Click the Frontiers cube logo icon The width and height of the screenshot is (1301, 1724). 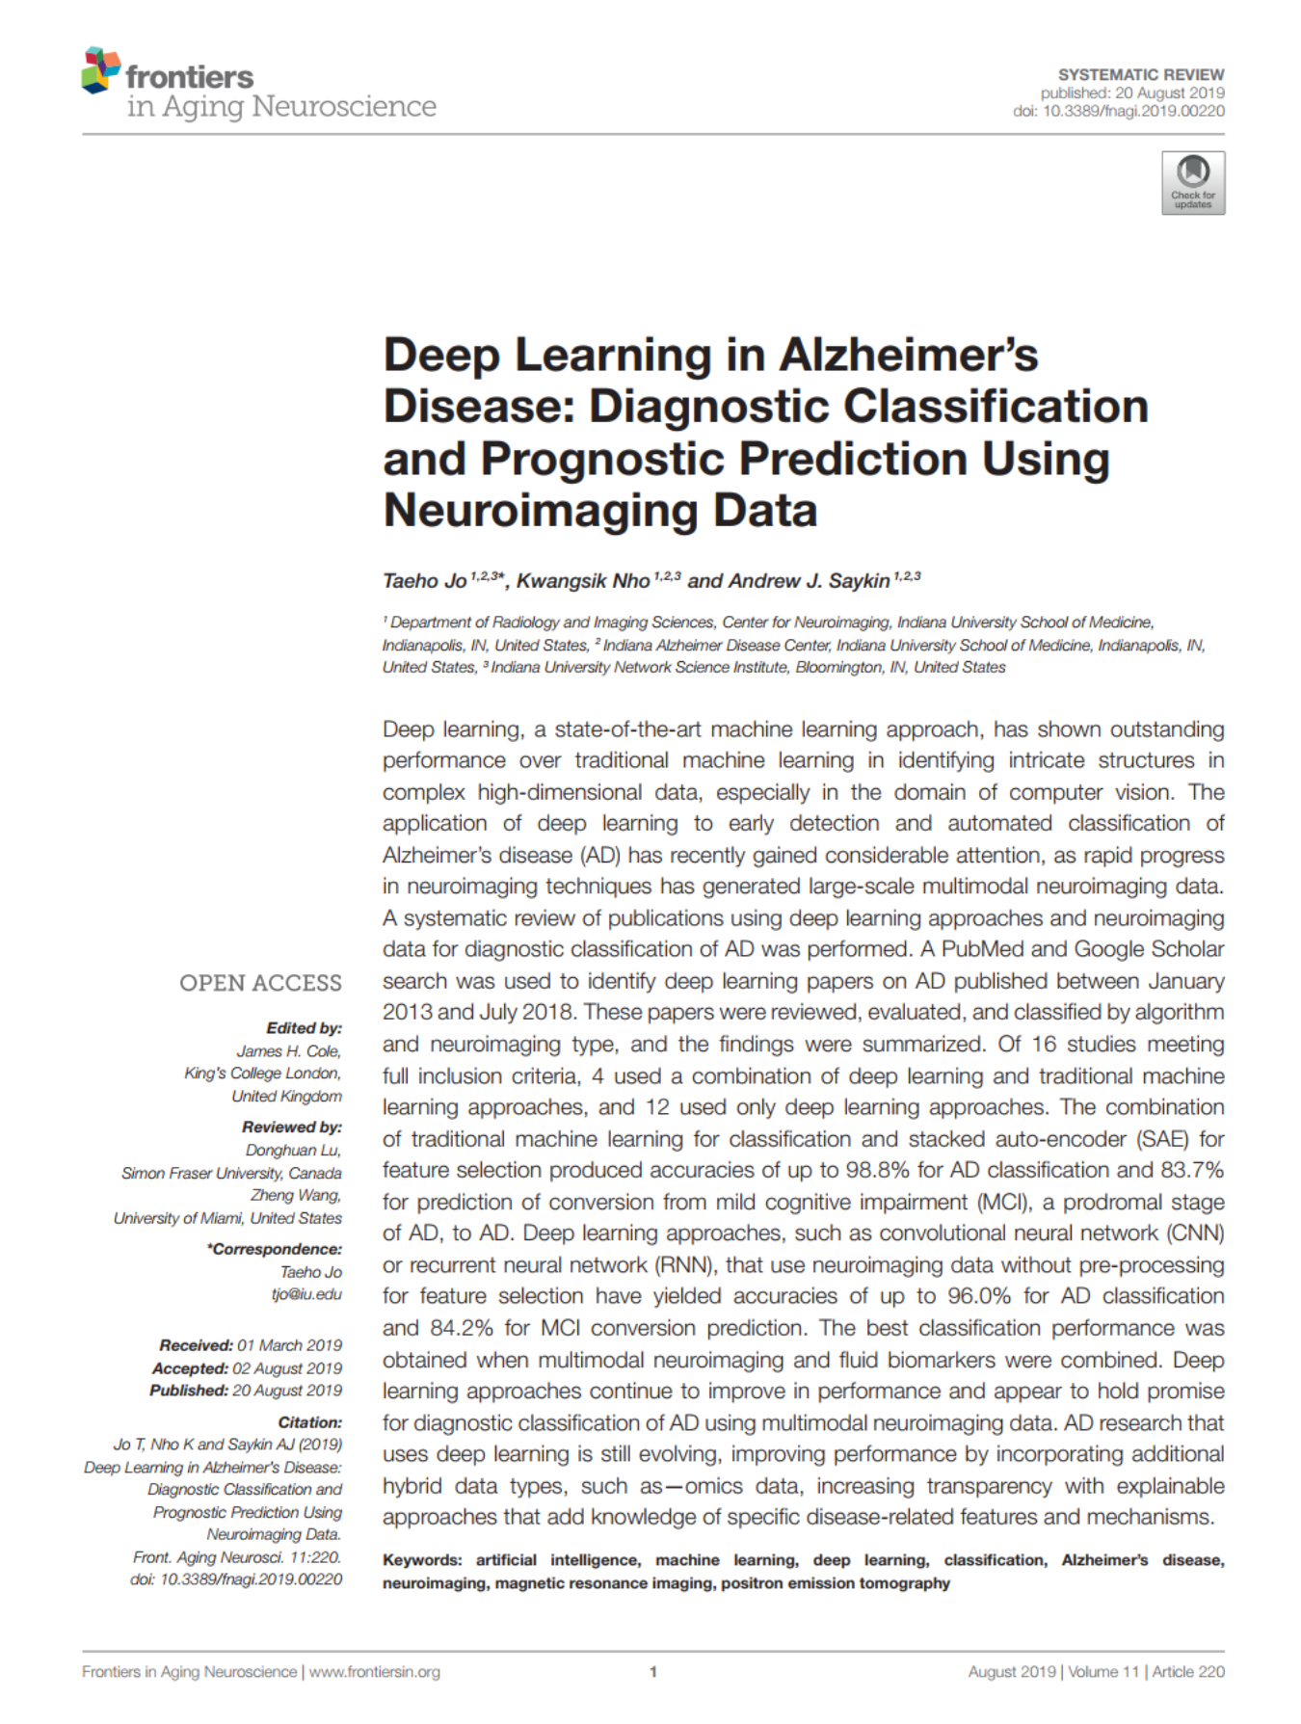100,70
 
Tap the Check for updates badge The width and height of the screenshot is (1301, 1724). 1192,182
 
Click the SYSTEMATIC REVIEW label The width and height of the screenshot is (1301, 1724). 1140,74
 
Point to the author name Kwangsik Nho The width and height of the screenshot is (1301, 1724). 582,581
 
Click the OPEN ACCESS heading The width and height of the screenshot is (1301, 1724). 260,983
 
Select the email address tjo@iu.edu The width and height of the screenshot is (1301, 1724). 305,1294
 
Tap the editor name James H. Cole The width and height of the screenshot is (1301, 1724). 289,1050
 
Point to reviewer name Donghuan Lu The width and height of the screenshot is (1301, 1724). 293,1150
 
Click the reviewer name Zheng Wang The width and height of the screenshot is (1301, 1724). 296,1195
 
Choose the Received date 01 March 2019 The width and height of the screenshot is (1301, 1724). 289,1345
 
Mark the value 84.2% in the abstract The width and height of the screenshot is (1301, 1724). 462,1328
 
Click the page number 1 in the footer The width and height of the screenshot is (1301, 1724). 652,1672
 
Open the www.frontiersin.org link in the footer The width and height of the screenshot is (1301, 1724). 374,1672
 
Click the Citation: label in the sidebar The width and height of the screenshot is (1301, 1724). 309,1422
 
